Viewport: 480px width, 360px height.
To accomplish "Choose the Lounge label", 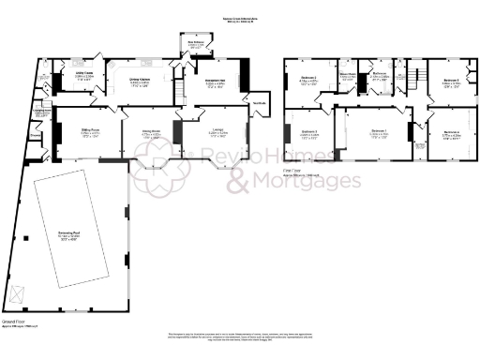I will coord(217,131).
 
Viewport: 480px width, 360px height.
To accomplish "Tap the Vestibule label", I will coord(258,102).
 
